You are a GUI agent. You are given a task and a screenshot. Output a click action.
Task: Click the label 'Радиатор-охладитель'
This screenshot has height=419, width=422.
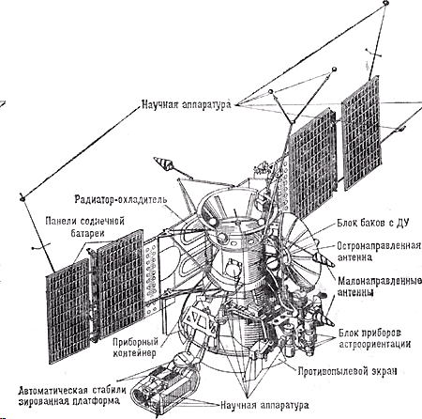[121, 199]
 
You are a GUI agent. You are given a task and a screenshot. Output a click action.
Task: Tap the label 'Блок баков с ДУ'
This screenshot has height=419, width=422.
[373, 223]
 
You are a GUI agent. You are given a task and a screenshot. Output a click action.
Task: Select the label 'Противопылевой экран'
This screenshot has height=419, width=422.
[347, 371]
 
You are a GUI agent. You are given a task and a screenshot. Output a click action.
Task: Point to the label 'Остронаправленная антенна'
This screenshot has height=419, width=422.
[379, 251]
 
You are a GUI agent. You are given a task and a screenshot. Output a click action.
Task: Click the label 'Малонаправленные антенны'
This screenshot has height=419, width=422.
[380, 287]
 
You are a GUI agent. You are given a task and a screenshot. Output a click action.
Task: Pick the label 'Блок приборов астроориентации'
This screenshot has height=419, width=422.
[374, 338]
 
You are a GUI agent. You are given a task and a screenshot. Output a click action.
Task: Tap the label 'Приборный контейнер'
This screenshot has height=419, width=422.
[135, 348]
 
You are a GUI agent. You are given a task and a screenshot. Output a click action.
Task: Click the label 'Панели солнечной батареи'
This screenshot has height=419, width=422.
[85, 226]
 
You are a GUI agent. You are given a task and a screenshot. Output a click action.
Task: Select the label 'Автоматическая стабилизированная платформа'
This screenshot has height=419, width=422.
[72, 396]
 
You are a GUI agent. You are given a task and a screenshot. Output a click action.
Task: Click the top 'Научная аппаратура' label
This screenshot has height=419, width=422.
[187, 104]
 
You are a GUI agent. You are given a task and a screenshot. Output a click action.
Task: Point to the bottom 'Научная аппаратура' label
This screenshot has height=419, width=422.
[264, 405]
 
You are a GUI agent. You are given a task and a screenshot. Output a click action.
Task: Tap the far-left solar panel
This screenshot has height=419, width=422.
[68, 311]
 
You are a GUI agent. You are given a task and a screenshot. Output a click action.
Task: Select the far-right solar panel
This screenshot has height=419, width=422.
[361, 133]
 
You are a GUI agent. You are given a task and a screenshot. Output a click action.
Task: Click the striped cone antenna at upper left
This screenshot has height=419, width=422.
[163, 163]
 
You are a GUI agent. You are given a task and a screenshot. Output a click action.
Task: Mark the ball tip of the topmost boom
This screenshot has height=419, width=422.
[385, 3]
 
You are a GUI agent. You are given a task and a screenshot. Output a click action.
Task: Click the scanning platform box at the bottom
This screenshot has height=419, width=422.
[162, 388]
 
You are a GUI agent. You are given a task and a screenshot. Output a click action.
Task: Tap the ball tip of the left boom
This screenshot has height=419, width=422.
[23, 198]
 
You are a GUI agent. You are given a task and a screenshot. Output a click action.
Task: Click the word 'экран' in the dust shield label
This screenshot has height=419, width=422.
[384, 371]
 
